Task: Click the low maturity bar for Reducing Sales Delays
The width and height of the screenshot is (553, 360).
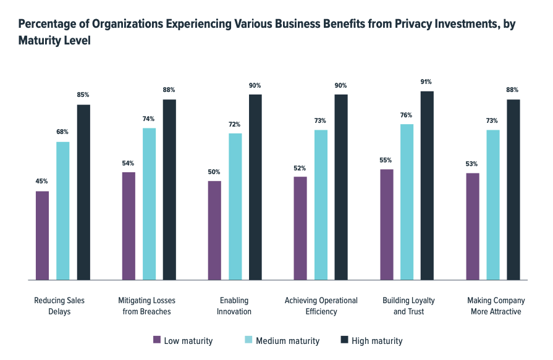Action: coord(43,235)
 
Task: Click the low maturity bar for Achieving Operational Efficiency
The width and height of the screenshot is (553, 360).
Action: coord(300,228)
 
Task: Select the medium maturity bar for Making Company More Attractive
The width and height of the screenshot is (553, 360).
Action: coord(492,204)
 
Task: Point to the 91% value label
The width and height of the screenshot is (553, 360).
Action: coord(426,82)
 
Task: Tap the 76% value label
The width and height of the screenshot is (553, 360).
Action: coord(406,115)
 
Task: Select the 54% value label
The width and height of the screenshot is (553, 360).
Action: coord(128,163)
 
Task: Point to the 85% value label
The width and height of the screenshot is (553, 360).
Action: coord(83,95)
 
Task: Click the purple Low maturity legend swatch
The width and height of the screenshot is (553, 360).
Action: coord(157,340)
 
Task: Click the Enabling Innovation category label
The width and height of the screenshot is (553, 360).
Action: coord(234,306)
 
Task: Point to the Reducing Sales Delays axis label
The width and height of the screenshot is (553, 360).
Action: coord(59,306)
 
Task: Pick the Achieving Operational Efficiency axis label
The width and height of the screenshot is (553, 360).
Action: coord(321,306)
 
